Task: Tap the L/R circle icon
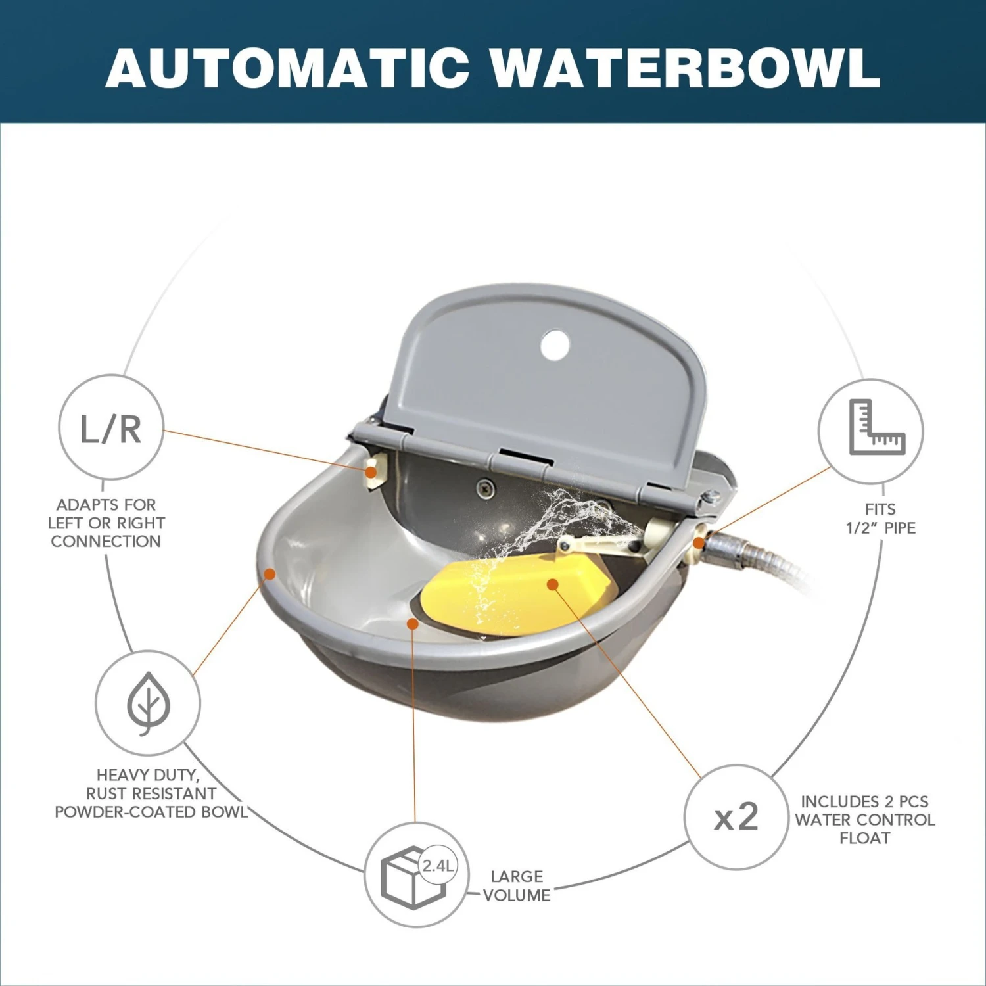(x=111, y=427)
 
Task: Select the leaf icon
(x=148, y=703)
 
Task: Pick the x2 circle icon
(x=736, y=816)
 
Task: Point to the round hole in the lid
(x=555, y=345)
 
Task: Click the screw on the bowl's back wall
(x=486, y=488)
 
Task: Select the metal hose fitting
(x=733, y=549)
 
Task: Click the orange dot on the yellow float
(x=553, y=584)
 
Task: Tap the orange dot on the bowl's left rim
(x=270, y=574)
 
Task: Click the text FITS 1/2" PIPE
(x=881, y=519)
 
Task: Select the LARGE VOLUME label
(x=517, y=885)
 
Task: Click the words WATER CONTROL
(x=864, y=820)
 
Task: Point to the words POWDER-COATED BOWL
(x=151, y=812)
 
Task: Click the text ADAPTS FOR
(x=106, y=505)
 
